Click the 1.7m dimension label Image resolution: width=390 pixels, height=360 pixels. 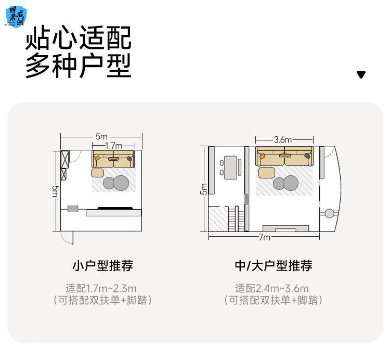pyautogui.click(x=113, y=146)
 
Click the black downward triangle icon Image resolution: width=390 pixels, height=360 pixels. pyautogui.click(x=361, y=74)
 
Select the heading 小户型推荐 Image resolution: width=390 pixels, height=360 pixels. pyautogui.click(x=102, y=266)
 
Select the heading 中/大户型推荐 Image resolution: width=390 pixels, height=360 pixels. pyautogui.click(x=274, y=266)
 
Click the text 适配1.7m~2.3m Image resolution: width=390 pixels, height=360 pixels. pyautogui.click(x=101, y=288)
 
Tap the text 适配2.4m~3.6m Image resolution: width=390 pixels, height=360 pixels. pyautogui.click(x=272, y=288)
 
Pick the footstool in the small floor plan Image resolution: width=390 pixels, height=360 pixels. pyautogui.click(x=97, y=173)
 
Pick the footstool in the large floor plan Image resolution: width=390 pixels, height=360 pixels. pyautogui.click(x=266, y=172)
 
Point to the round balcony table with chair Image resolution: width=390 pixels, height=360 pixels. pyautogui.click(x=329, y=213)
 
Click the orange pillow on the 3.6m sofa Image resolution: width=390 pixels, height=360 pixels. pyautogui.click(x=262, y=156)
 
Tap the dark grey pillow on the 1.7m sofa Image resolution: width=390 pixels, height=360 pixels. pyautogui.click(x=129, y=159)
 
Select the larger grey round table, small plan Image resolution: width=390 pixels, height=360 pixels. pyautogui.click(x=121, y=183)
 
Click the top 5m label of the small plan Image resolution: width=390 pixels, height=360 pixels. pyautogui.click(x=101, y=136)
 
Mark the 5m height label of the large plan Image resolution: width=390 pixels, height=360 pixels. pyautogui.click(x=203, y=189)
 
